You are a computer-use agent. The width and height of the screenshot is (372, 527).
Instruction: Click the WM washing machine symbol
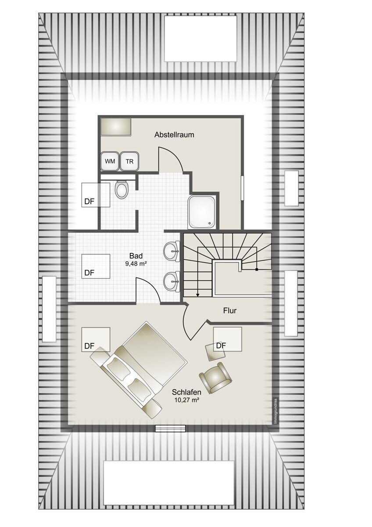[x=110, y=161]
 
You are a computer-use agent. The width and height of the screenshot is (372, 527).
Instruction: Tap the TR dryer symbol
[x=129, y=161]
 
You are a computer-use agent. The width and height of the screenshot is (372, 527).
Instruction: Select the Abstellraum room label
[x=174, y=135]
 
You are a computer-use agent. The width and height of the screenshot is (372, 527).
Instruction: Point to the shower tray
[x=201, y=212]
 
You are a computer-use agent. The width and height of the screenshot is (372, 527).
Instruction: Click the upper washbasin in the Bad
[x=172, y=251]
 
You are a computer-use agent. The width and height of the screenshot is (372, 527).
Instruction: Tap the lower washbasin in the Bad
[x=172, y=281]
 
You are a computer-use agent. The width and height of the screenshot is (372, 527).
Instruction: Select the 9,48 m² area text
[x=136, y=264]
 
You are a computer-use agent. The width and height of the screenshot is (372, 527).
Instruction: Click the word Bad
[x=136, y=256]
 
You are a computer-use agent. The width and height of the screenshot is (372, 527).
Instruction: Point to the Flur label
[x=229, y=310]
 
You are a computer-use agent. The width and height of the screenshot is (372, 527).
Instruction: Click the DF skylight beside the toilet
[x=96, y=195]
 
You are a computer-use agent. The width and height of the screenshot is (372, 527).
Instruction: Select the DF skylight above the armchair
[x=228, y=339]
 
